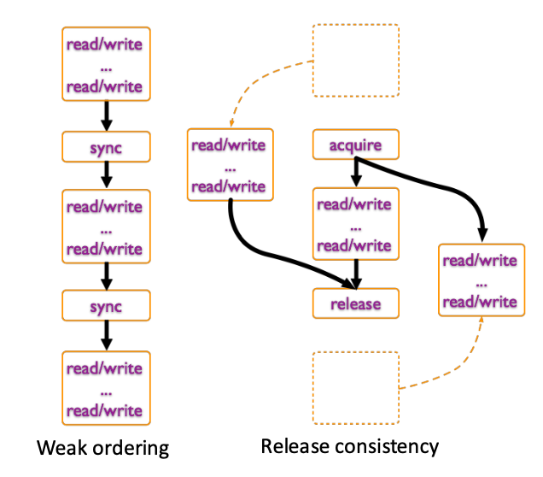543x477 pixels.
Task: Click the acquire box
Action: (x=356, y=144)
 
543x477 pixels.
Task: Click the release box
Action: (x=356, y=303)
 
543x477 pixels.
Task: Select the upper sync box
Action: (x=106, y=147)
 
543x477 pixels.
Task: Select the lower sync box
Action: (x=106, y=305)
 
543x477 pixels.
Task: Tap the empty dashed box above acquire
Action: (x=356, y=61)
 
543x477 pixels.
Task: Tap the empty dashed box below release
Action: (x=356, y=388)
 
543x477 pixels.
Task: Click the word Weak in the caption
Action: (x=62, y=447)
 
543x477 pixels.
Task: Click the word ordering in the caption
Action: (x=131, y=449)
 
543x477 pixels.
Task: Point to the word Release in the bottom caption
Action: (x=295, y=446)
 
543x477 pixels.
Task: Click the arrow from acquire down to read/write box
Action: (x=356, y=173)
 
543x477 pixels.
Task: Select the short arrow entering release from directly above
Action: (x=356, y=274)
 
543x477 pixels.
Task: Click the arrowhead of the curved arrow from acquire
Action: (x=482, y=235)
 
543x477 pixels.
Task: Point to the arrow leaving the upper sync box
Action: (x=107, y=175)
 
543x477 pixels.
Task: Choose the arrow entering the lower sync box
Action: (x=107, y=276)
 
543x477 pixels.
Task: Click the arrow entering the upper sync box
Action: (x=107, y=115)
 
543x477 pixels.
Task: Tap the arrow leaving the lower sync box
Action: (x=107, y=335)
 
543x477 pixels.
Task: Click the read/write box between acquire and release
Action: (x=356, y=224)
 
